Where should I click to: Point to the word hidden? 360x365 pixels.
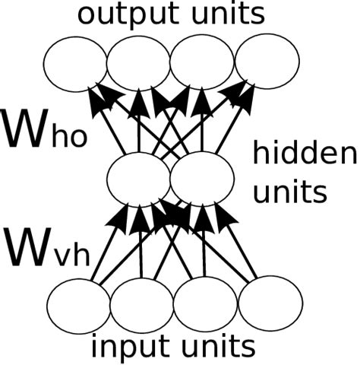click(x=303, y=156)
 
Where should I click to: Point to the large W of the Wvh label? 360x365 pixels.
click(x=27, y=246)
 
